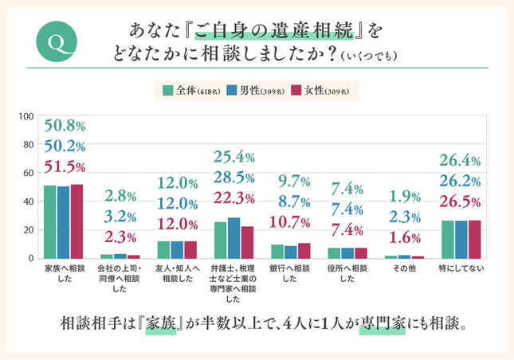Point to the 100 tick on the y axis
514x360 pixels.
[x=26, y=117]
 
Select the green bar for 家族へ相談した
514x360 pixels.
[x=49, y=222]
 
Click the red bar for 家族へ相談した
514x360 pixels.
[x=77, y=221]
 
